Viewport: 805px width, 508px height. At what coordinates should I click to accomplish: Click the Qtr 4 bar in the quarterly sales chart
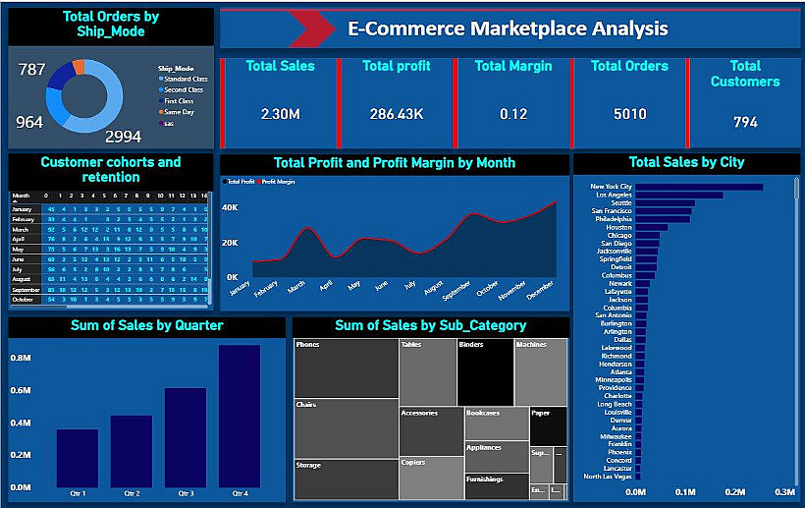click(x=240, y=416)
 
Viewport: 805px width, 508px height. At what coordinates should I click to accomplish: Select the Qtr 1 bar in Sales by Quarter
click(x=77, y=458)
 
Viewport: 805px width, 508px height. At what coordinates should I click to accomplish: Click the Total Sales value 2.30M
click(x=281, y=114)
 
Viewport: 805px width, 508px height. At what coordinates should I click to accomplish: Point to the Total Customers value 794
click(x=745, y=122)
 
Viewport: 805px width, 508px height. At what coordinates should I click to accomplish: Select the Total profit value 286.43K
click(x=397, y=114)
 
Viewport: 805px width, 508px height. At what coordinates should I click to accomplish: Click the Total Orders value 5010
click(x=629, y=114)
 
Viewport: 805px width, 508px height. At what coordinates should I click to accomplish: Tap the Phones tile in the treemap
click(x=346, y=368)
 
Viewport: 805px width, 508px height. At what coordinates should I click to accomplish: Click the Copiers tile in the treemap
click(x=431, y=478)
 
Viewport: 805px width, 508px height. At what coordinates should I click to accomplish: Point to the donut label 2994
click(x=124, y=137)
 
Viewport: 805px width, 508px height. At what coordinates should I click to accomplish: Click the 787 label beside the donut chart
click(x=31, y=70)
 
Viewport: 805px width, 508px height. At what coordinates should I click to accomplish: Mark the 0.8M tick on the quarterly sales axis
click(x=20, y=358)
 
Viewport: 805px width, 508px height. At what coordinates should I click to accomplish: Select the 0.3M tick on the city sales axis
click(x=784, y=491)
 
